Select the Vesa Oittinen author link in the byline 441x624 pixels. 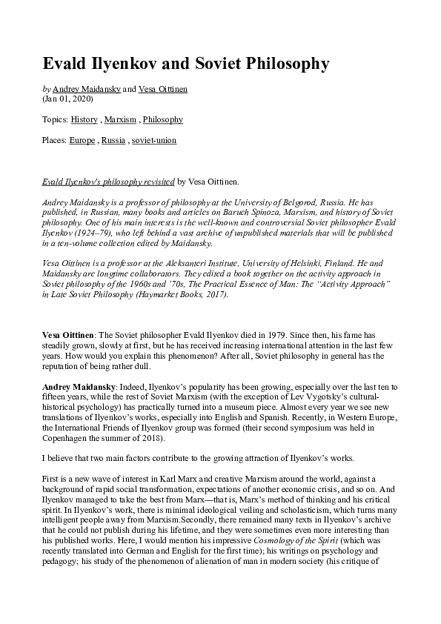(164, 89)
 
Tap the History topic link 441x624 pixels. (84, 119)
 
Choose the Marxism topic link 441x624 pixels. (120, 119)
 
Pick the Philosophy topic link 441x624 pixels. (163, 119)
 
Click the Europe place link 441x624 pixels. (82, 140)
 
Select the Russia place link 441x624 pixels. (113, 140)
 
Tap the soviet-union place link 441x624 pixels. (154, 140)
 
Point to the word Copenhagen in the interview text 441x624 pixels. (70, 439)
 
